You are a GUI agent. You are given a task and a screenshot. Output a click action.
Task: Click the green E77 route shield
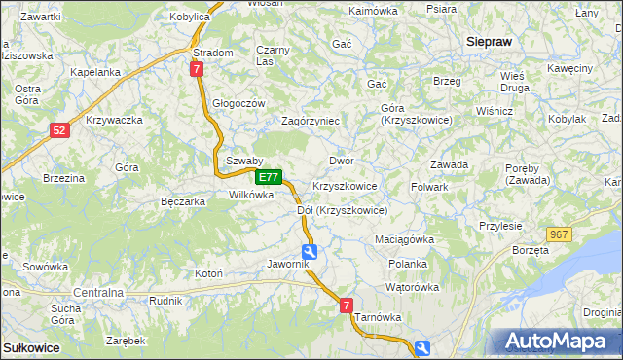(270, 178)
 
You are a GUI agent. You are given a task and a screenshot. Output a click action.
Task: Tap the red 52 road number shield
(60, 129)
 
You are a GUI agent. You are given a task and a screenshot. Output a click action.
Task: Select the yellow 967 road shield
(558, 234)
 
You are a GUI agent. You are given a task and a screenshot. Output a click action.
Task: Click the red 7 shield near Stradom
(198, 69)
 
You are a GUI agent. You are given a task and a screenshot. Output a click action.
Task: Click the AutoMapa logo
(558, 342)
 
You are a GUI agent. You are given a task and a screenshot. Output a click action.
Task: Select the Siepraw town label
(490, 42)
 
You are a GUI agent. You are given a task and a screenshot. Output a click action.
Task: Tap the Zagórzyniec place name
(310, 121)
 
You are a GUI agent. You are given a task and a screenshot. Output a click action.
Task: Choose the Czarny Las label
(274, 55)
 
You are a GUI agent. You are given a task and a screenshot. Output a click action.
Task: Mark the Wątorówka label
(412, 288)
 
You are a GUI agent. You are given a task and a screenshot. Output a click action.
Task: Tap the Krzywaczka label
(115, 120)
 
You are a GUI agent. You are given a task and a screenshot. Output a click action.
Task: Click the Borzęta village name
(530, 250)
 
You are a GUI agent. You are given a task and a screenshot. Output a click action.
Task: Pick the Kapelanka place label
(95, 72)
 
